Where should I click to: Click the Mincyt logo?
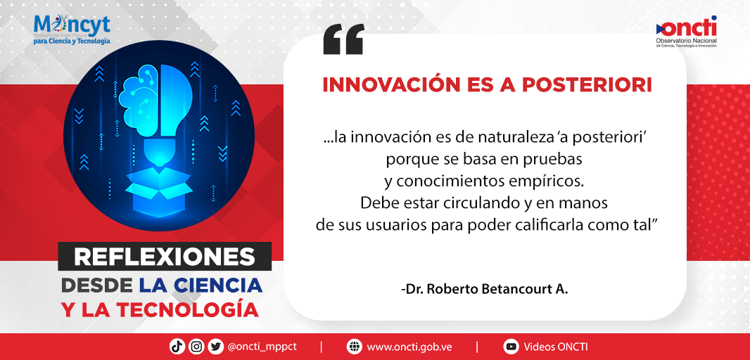pyautogui.click(x=72, y=29)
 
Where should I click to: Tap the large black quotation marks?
pyautogui.click(x=343, y=39)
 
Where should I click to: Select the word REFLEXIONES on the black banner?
pyautogui.click(x=165, y=257)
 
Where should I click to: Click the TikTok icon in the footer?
pyautogui.click(x=177, y=346)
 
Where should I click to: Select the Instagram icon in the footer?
pyautogui.click(x=196, y=346)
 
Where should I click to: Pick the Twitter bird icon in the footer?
pyautogui.click(x=215, y=346)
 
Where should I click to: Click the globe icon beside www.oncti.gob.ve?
pyautogui.click(x=354, y=346)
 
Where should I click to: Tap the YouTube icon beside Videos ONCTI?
pyautogui.click(x=511, y=346)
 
